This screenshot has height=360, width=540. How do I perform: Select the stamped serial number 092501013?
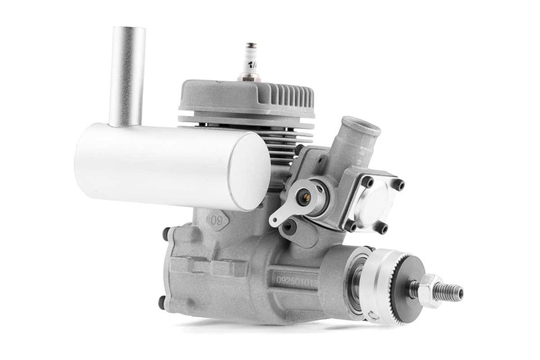297,279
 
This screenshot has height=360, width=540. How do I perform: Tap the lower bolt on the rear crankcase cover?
162,303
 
